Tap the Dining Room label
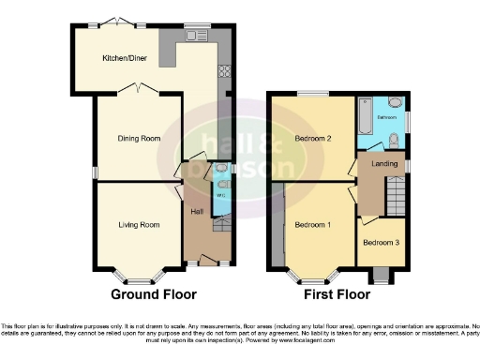tap(138, 139)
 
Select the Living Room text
tap(138, 225)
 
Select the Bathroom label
tap(385, 118)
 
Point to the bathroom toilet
tap(394, 141)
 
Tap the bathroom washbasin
tap(396, 102)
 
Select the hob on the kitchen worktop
tap(225, 69)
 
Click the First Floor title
tap(337, 294)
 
